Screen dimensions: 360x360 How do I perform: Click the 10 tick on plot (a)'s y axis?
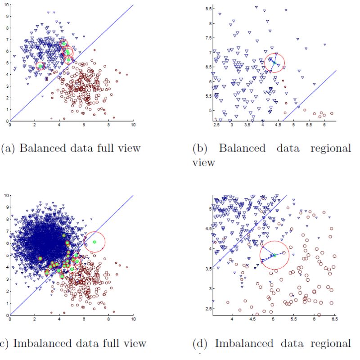(5, 5)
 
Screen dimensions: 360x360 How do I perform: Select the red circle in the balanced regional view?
(275, 63)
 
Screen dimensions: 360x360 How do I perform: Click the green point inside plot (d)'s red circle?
(274, 256)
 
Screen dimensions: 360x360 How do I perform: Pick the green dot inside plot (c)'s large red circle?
(94, 242)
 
